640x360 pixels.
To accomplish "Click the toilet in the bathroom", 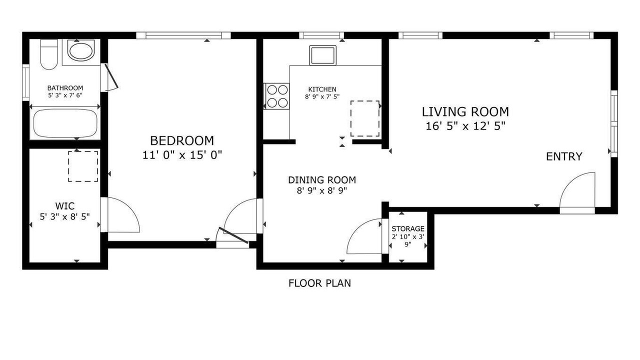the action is (x=49, y=54).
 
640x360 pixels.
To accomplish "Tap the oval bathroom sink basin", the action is (x=81, y=51).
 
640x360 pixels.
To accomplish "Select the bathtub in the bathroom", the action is (x=65, y=123).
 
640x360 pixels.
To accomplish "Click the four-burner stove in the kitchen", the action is (x=277, y=96).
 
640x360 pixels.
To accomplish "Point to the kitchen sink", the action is (x=323, y=55).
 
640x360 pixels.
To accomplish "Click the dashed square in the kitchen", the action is (x=365, y=118).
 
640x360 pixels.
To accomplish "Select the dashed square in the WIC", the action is (x=83, y=166).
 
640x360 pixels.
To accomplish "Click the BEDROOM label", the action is (x=182, y=141).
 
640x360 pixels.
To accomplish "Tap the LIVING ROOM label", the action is (x=465, y=111).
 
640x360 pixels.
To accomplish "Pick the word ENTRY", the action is (x=564, y=156).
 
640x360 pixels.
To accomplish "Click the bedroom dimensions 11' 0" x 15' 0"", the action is (x=182, y=155).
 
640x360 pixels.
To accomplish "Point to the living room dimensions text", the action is (x=465, y=126).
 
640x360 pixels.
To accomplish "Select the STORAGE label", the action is (x=408, y=229).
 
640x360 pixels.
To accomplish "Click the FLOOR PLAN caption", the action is (x=319, y=283).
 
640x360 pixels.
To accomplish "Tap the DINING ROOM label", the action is (x=322, y=180).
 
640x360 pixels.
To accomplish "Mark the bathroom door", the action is (x=111, y=76).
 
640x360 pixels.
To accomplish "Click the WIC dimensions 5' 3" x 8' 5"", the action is (x=65, y=217).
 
